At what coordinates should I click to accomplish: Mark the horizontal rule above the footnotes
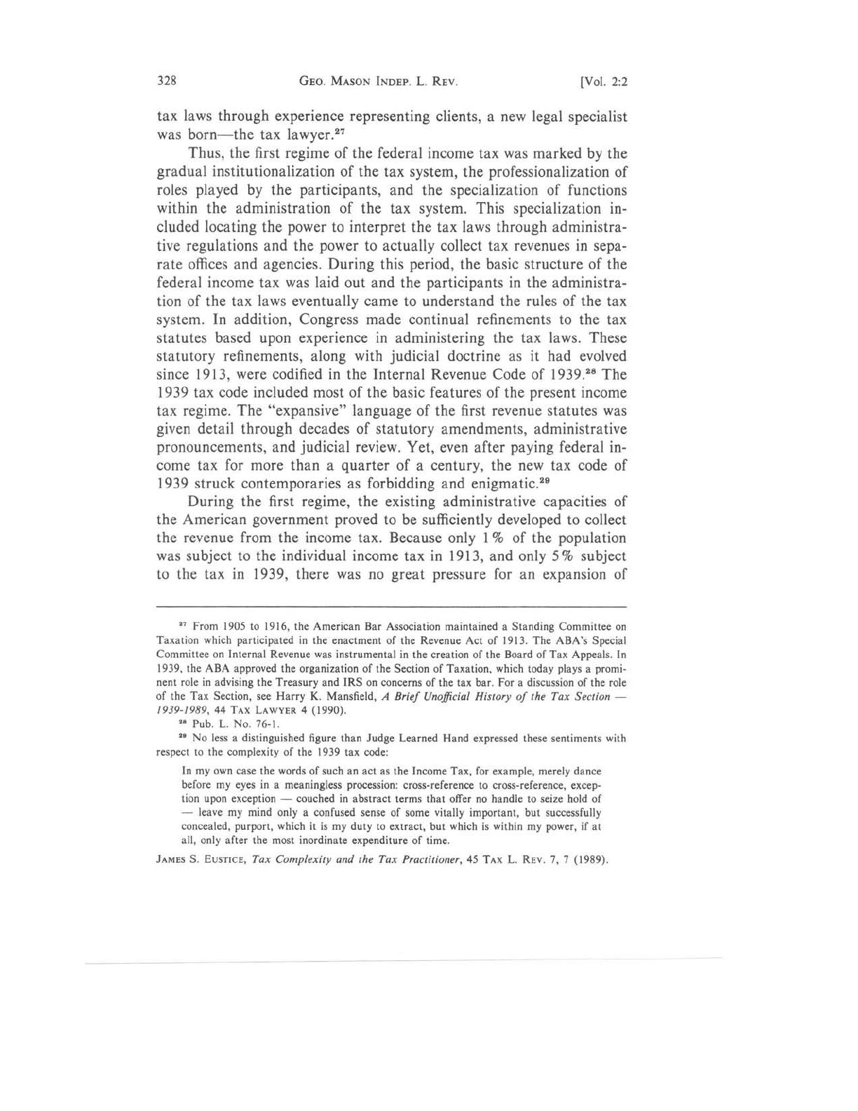click(x=390, y=606)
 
